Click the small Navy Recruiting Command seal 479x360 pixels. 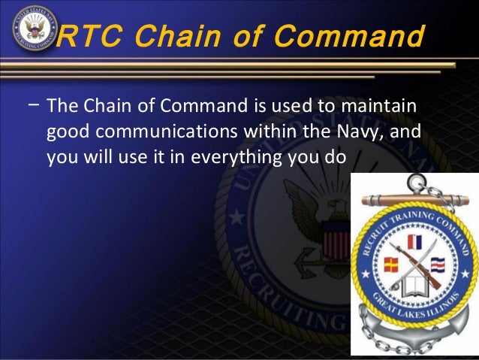point(30,31)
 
